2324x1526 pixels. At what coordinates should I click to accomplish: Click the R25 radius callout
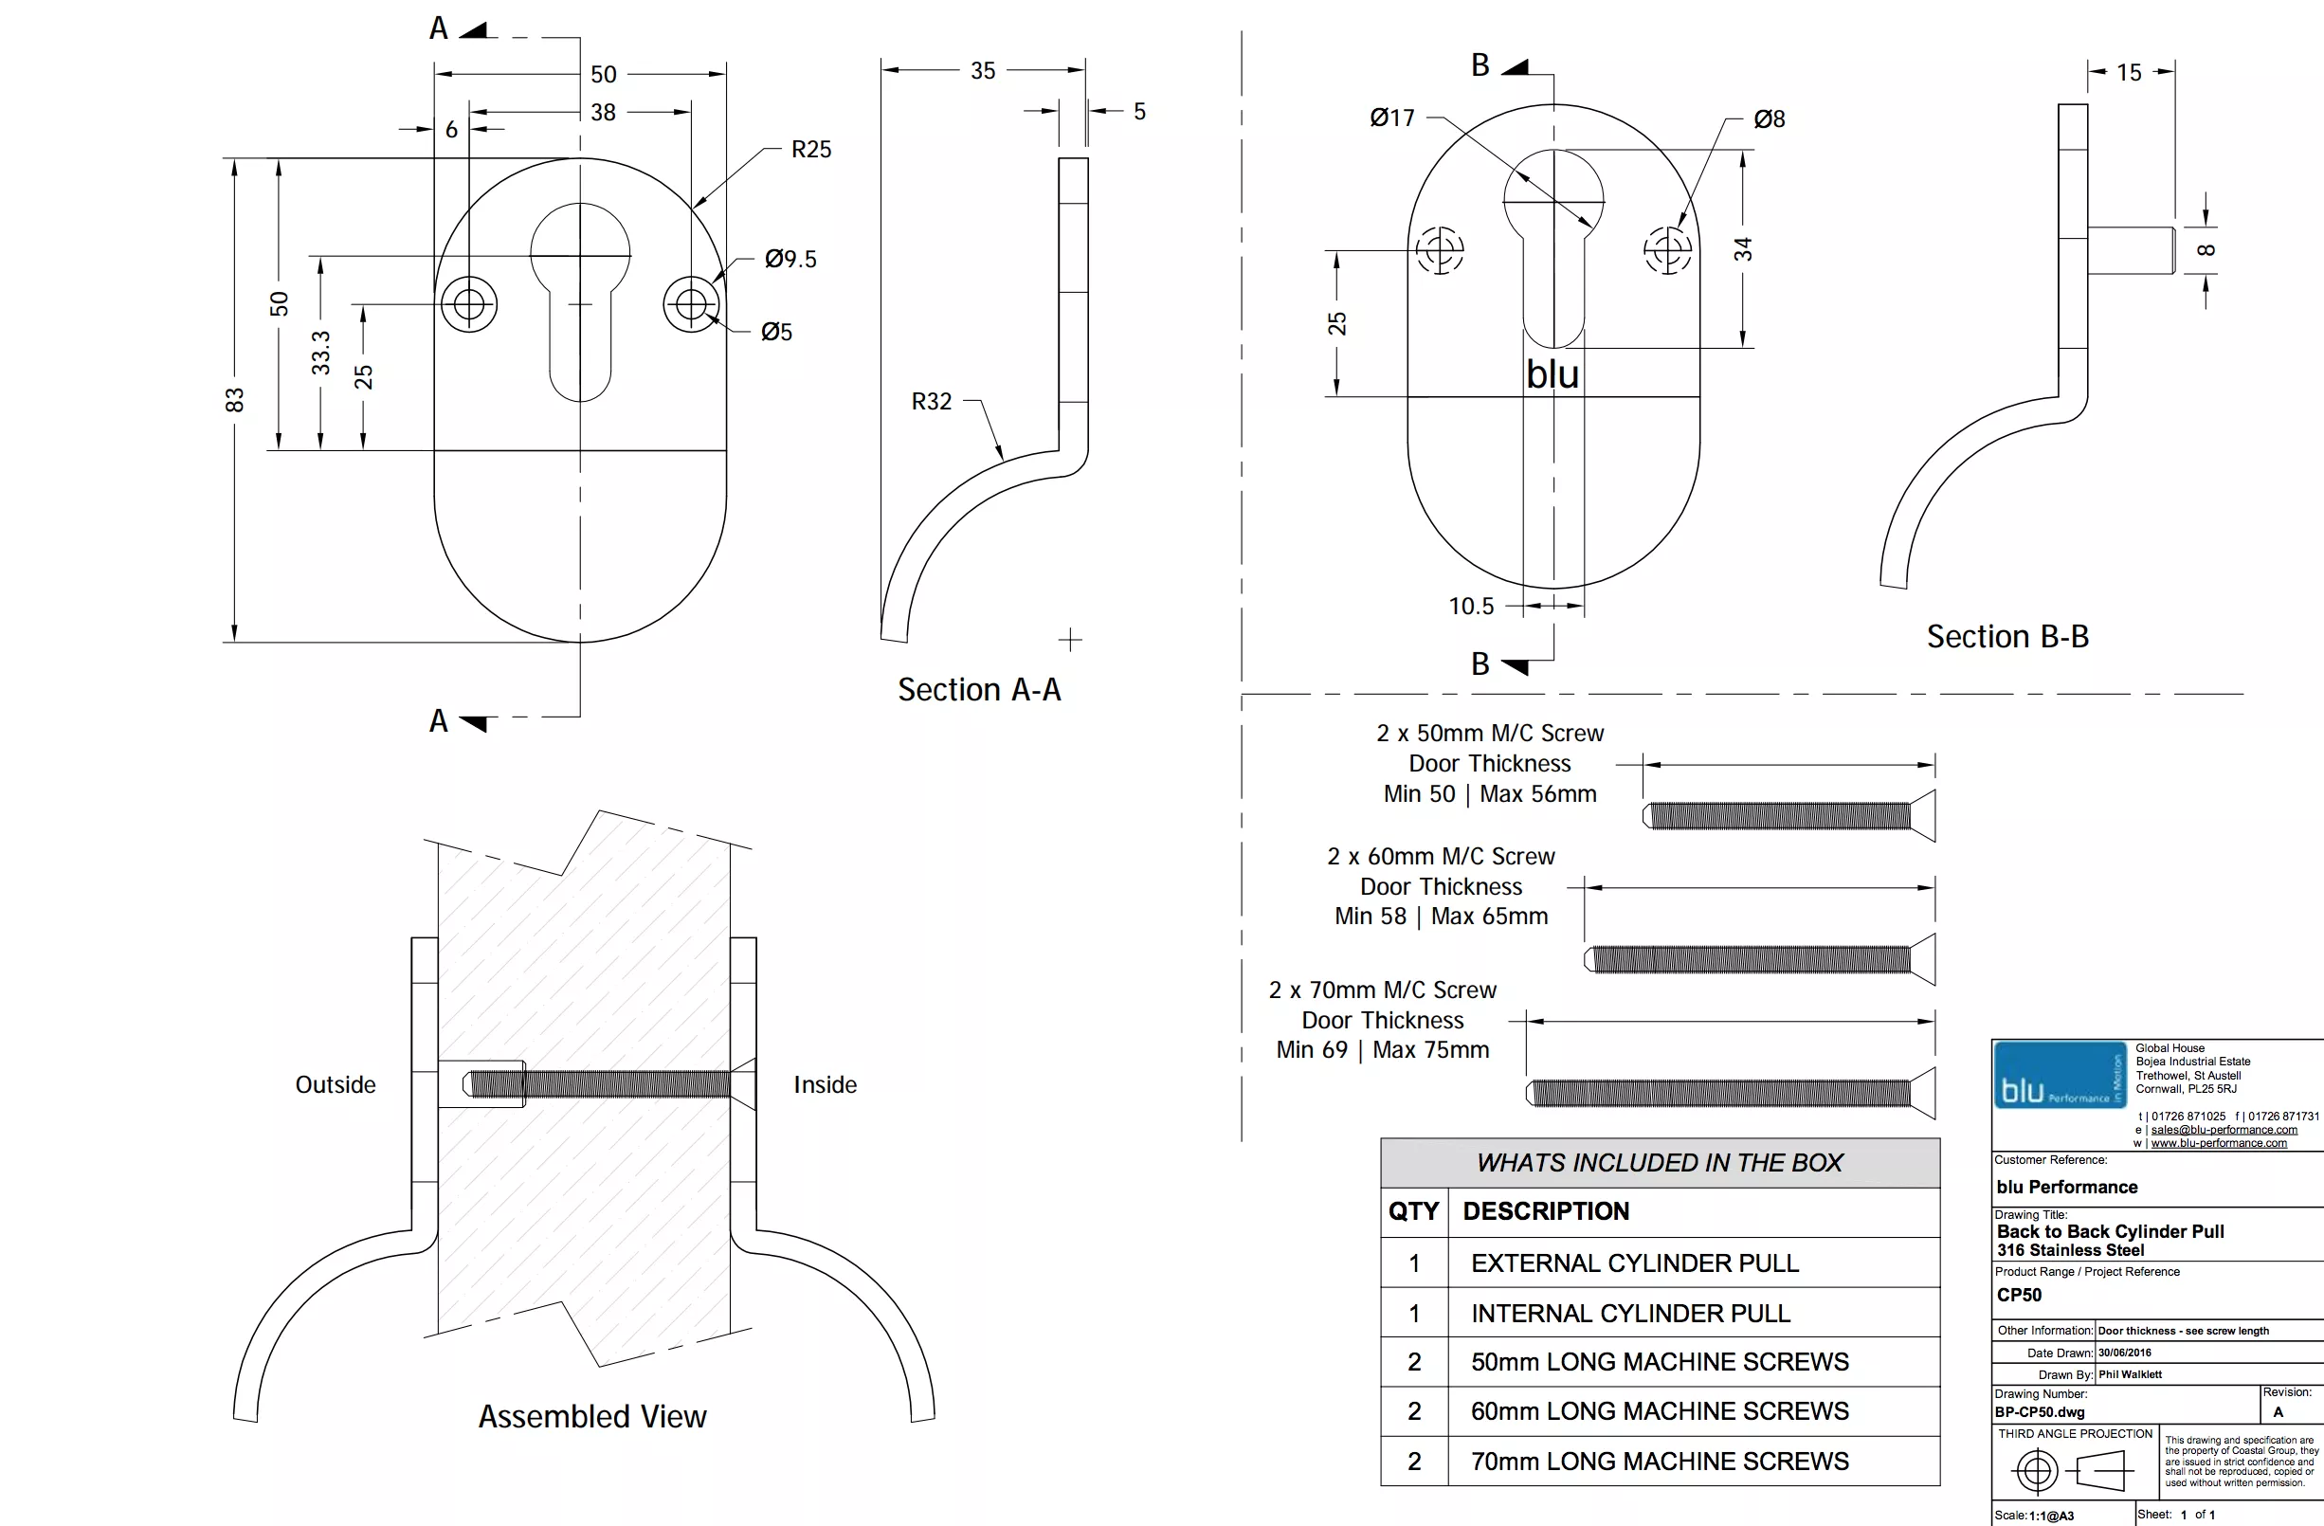(x=810, y=150)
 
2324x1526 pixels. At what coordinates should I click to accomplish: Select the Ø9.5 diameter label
(x=790, y=259)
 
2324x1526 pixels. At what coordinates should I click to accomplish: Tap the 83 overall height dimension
(x=234, y=400)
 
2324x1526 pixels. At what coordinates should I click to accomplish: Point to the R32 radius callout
(x=931, y=401)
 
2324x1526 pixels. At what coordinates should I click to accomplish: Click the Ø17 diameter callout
(x=1391, y=118)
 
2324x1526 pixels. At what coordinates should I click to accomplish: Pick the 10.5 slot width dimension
(x=1471, y=607)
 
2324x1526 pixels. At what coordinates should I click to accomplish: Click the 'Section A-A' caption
(x=978, y=689)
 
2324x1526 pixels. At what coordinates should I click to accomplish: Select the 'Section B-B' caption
(x=2006, y=637)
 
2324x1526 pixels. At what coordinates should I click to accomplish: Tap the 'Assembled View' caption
(x=591, y=1416)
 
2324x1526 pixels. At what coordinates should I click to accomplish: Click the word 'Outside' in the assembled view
(x=335, y=1084)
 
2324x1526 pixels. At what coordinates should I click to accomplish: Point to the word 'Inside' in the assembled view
(x=825, y=1084)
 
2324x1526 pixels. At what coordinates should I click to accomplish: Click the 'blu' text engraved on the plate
(x=1552, y=374)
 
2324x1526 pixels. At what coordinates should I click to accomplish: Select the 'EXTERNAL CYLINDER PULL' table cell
(x=1635, y=1263)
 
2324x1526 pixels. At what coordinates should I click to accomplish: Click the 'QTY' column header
(x=1413, y=1211)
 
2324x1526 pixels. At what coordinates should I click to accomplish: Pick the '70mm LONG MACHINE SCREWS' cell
(x=1659, y=1461)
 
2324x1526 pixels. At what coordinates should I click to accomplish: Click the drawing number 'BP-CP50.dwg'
(x=2039, y=1411)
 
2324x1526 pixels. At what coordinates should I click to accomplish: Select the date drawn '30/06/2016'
(x=2124, y=1353)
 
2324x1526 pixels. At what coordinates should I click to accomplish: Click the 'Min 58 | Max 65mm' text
(x=1441, y=916)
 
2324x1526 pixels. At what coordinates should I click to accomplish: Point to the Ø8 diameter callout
(x=1769, y=119)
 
